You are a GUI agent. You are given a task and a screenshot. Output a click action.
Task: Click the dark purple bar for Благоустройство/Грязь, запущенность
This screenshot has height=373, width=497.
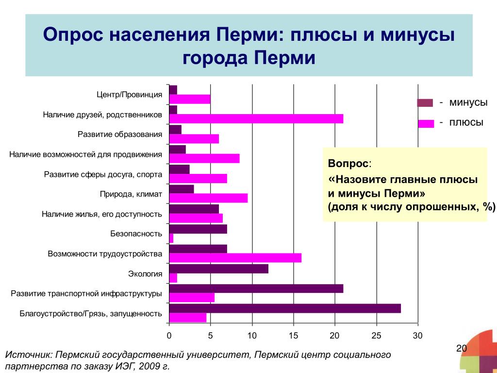(x=285, y=308)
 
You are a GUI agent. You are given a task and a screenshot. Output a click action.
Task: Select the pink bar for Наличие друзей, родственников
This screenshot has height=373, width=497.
(x=256, y=119)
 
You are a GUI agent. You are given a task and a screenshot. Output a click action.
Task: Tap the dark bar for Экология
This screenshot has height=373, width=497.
(x=219, y=269)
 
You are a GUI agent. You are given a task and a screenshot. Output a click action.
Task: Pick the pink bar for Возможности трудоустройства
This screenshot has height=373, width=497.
(x=235, y=258)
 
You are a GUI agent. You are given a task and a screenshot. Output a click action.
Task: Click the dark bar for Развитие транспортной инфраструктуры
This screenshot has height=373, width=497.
(x=256, y=288)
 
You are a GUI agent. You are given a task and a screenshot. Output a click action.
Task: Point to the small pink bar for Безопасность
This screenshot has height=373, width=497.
(x=171, y=238)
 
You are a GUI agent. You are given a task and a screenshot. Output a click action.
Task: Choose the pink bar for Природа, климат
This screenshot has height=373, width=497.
(x=208, y=198)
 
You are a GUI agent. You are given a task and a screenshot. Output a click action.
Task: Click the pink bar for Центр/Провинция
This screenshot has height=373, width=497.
(x=190, y=99)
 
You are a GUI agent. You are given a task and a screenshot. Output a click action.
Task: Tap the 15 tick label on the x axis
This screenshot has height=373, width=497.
(x=294, y=336)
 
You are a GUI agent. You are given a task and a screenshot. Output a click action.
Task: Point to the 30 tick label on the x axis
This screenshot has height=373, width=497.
(x=418, y=336)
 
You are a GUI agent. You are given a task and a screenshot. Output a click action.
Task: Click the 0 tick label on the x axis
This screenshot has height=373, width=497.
(x=169, y=336)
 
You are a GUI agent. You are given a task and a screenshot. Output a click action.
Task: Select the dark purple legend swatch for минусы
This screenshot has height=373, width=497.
(x=425, y=103)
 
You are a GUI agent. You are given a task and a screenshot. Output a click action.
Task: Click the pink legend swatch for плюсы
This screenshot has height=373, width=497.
(x=426, y=124)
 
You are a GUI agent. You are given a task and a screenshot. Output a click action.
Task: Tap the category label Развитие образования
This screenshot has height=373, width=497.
(x=120, y=135)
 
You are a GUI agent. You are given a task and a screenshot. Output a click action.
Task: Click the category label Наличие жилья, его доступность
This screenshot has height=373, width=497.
(x=102, y=214)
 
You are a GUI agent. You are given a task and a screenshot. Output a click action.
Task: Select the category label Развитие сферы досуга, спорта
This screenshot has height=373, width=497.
(x=103, y=174)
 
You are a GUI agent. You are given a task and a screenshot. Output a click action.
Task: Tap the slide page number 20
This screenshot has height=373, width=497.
(x=462, y=349)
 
